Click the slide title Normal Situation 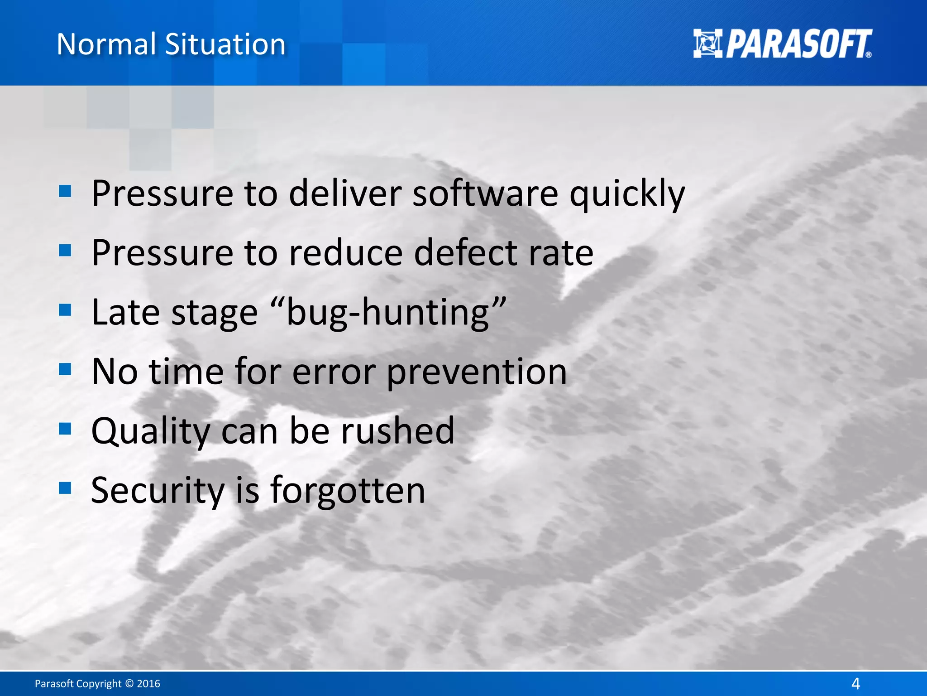(171, 44)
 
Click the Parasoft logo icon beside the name (707, 43)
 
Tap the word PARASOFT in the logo (799, 44)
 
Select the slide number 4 (855, 683)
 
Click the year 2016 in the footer (148, 683)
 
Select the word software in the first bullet (485, 193)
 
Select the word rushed (397, 430)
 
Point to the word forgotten (348, 491)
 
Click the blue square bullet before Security (65, 488)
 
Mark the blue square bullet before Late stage (65, 310)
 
